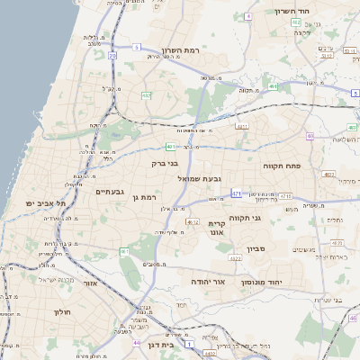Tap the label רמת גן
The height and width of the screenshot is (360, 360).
pos(143,197)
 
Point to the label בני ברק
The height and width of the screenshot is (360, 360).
pos(165,164)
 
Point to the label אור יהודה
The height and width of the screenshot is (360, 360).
pos(206,282)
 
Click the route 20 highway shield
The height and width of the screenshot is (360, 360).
pos(112,56)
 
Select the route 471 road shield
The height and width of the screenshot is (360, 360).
pos(237,193)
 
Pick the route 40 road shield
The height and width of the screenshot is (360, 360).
pos(310,136)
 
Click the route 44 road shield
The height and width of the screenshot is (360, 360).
pos(136,343)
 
